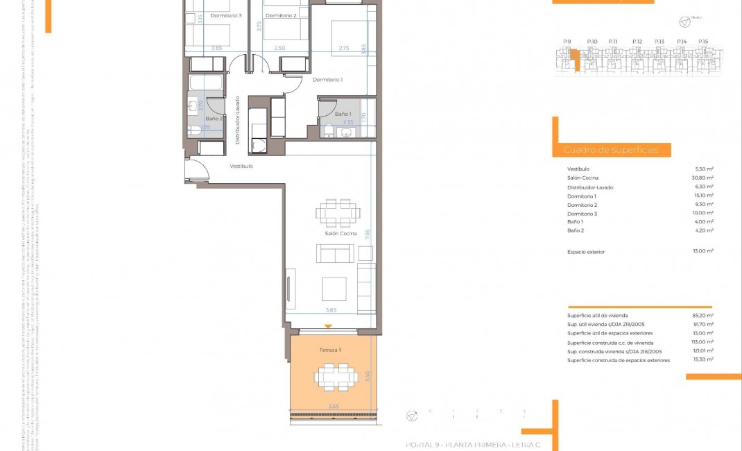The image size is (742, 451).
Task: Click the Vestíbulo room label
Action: coord(241,167)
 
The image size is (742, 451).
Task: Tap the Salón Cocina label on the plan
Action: coord(340,234)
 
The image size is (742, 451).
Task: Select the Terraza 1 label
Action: coord(329,350)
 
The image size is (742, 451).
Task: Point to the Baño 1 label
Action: coord(343,114)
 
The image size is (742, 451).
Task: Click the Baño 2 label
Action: coord(213,119)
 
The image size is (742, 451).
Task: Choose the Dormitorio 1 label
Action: coord(328,80)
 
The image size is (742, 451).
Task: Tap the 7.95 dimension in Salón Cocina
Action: coord(368,235)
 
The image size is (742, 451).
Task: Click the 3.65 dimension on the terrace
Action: coord(334,407)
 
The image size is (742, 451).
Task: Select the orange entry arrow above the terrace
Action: coord(329,326)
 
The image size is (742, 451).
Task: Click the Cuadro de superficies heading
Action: coord(606,150)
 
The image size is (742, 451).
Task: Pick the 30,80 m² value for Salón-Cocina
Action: coord(704,178)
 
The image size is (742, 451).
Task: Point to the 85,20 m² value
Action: coord(703,316)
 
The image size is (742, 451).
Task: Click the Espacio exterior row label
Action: coord(587,251)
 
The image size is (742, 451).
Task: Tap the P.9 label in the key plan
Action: coord(567,42)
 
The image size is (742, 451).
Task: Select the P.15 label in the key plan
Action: coord(703,42)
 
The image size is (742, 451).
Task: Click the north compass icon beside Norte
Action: coord(684,23)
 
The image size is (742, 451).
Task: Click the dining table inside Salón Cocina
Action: coord(338,213)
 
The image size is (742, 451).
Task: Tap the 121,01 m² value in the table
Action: coord(702,352)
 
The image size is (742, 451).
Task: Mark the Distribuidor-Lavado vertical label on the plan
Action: coord(237,120)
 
